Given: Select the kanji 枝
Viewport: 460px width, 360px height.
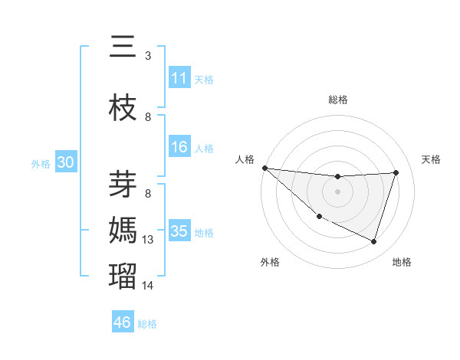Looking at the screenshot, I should click(x=123, y=108).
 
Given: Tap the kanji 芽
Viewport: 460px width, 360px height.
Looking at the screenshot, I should click(x=123, y=185).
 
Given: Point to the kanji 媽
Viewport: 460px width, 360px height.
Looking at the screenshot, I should click(x=123, y=231).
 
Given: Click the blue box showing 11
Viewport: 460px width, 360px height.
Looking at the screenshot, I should click(x=179, y=78).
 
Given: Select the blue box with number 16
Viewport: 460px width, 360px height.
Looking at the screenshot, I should click(x=179, y=148).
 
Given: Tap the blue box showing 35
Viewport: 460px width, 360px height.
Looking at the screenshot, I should click(x=179, y=231).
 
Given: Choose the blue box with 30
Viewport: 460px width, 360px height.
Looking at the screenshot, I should click(x=65, y=163).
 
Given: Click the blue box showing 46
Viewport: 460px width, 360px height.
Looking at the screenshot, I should click(x=123, y=322).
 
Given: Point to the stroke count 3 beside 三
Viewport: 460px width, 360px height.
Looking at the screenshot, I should click(x=148, y=55).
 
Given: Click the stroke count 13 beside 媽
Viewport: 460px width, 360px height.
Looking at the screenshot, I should click(x=148, y=240).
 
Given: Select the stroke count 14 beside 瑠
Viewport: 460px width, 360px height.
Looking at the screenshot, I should click(x=148, y=285).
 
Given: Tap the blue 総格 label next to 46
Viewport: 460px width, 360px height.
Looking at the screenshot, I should click(x=148, y=324).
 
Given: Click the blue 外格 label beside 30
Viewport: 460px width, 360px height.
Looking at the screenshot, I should click(x=41, y=164).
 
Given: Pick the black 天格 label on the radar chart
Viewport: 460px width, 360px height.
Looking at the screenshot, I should click(x=432, y=159).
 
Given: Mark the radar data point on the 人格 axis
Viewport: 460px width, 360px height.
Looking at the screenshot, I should click(x=264, y=168).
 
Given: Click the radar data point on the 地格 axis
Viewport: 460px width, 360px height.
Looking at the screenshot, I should click(x=374, y=242).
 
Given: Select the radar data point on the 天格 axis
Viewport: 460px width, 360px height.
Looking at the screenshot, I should click(x=396, y=172).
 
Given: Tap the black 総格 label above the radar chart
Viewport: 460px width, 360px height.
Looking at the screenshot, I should click(x=338, y=100).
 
